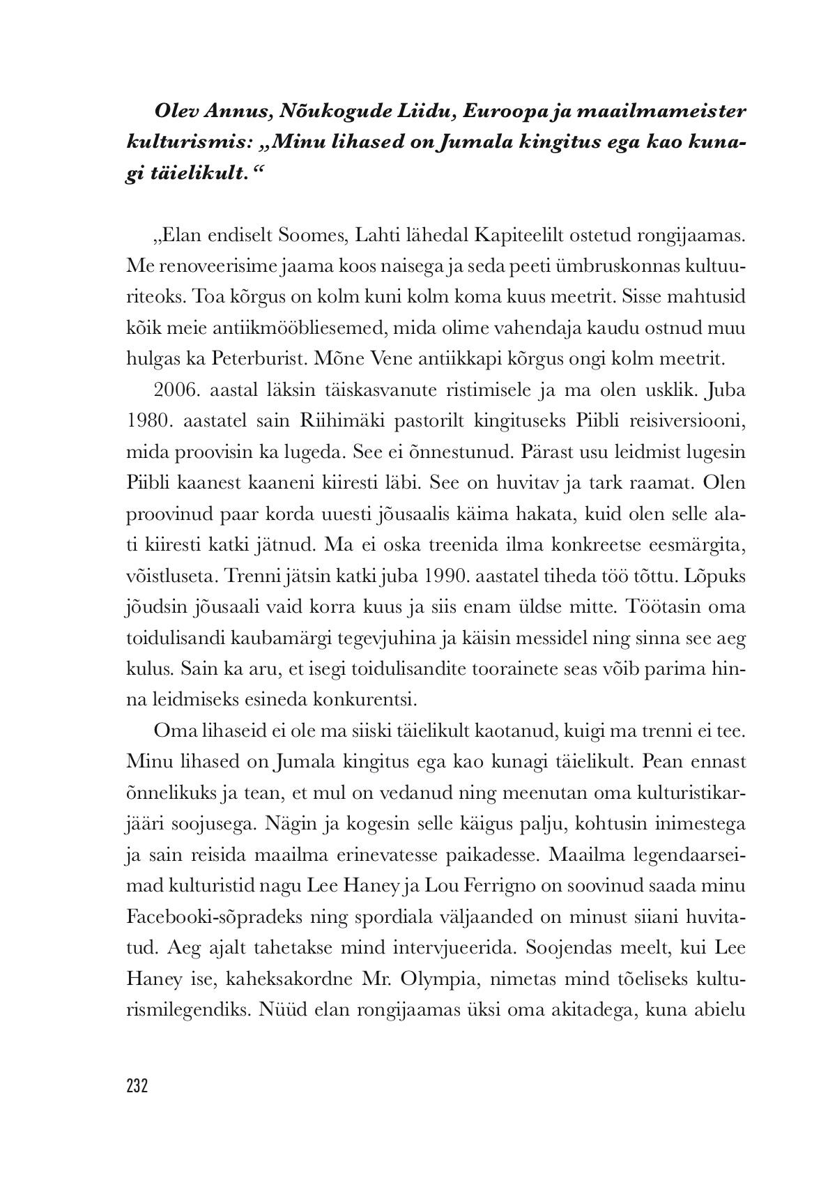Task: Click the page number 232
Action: pyautogui.click(x=137, y=1086)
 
